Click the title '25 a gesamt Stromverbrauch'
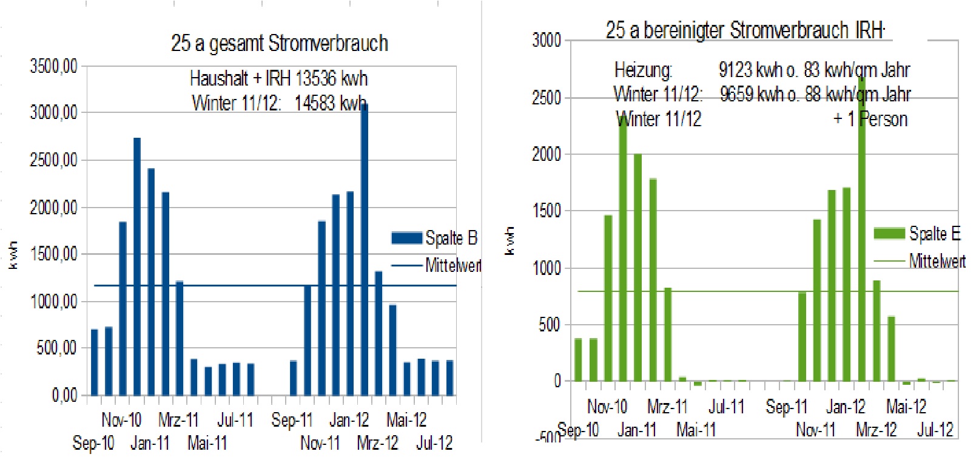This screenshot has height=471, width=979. [279, 44]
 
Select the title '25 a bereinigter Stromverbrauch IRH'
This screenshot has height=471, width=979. [745, 30]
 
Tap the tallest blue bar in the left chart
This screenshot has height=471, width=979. [364, 249]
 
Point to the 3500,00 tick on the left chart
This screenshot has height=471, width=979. [54, 66]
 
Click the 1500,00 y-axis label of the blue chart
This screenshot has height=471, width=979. [54, 254]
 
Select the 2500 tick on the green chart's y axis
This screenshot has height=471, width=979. [546, 98]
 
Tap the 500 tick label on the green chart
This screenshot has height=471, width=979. [550, 325]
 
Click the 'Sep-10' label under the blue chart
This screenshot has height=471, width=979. [93, 443]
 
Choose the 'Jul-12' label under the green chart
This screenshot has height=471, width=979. [935, 430]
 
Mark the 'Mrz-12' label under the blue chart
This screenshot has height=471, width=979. [377, 443]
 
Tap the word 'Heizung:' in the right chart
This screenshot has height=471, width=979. [643, 70]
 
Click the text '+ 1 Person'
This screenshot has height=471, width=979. [870, 119]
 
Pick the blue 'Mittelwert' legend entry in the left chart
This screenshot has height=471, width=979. [452, 265]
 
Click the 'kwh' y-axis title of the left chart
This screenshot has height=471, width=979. [13, 255]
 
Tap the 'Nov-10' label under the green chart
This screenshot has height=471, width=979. [607, 406]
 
